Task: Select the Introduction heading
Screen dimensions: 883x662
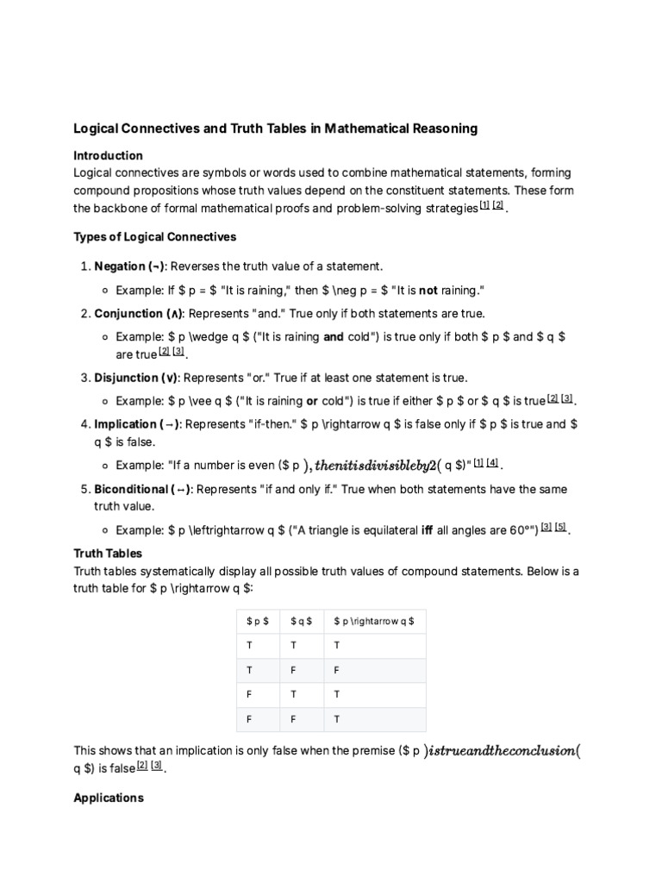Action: click(x=108, y=155)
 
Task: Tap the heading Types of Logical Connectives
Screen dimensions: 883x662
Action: click(x=154, y=236)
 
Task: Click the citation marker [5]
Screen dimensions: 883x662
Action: click(x=560, y=528)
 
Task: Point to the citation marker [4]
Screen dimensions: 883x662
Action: click(x=492, y=463)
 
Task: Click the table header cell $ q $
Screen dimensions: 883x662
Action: click(x=301, y=621)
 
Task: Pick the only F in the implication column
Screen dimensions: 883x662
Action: click(x=336, y=669)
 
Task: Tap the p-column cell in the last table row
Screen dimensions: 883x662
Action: click(x=250, y=718)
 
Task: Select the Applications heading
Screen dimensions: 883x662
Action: click(x=109, y=798)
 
